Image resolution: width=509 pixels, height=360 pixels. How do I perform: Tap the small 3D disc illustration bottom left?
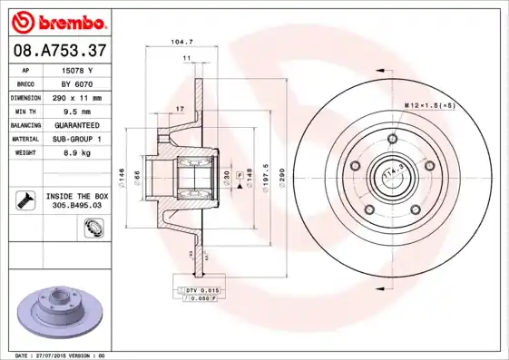pyautogui.click(x=56, y=313)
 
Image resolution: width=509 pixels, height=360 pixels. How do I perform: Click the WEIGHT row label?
pyautogui.click(x=25, y=152)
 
